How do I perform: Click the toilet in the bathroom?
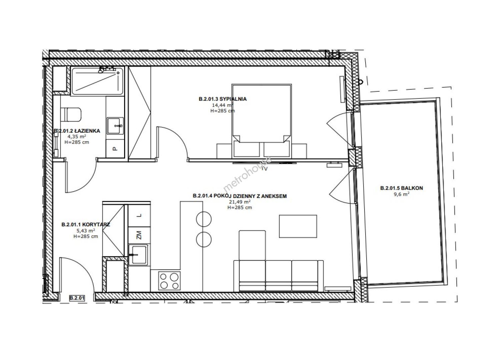coord(71,114)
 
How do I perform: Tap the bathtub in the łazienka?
coord(98,81)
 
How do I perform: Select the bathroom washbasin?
coord(115,126)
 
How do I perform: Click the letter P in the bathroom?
coord(115,149)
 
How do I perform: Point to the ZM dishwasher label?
coord(139,235)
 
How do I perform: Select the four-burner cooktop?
coord(169,281)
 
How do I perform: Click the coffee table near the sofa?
coord(298,226)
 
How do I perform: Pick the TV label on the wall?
coord(265,169)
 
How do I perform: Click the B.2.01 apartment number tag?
coord(77,298)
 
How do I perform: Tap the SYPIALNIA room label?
coord(232,99)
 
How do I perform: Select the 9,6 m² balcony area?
coord(402,194)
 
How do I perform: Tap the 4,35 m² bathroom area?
coord(77,136)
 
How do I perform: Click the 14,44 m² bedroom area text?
coord(223,105)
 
